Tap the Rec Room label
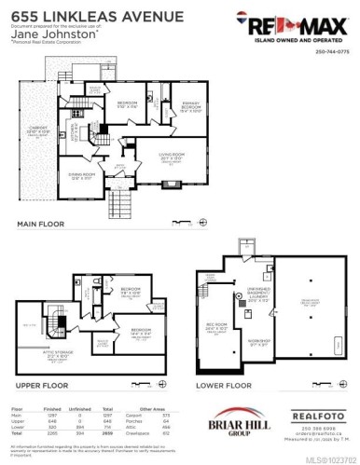point(218,327)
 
